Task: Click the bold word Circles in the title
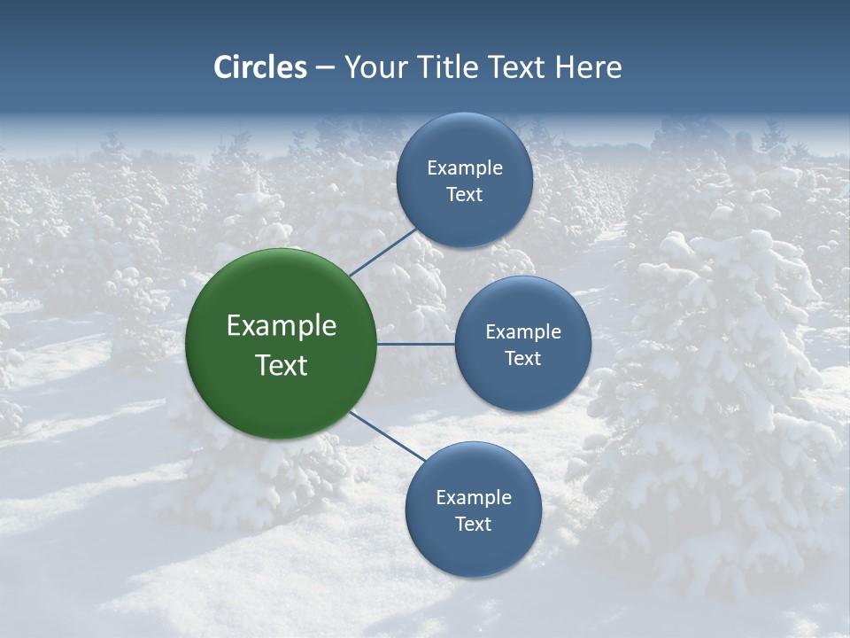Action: click(260, 67)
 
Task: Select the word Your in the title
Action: click(374, 67)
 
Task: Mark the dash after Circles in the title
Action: click(325, 68)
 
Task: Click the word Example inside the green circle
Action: click(282, 326)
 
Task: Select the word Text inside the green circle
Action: click(282, 365)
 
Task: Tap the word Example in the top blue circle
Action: click(465, 168)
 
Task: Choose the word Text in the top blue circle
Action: click(465, 195)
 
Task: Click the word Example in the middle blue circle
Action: click(523, 332)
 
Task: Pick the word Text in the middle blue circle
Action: click(523, 359)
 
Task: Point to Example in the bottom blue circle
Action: click(474, 498)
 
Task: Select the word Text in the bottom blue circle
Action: click(474, 525)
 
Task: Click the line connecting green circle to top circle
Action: click(383, 252)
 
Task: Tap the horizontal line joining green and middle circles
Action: click(416, 344)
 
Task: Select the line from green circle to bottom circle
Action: click(388, 437)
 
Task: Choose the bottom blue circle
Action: click(474, 554)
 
